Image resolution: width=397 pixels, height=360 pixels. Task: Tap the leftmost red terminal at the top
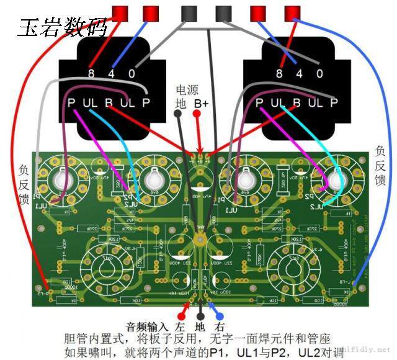click(x=120, y=12)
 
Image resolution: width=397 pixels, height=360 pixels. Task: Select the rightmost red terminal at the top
click(x=291, y=12)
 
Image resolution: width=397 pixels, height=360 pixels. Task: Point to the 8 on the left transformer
click(x=92, y=73)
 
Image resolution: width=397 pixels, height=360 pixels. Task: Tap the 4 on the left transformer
click(x=112, y=73)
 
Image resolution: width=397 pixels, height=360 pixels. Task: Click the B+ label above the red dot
click(x=201, y=103)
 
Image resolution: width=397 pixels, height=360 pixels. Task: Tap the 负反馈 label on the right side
click(x=380, y=164)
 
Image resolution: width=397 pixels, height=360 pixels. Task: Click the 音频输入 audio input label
click(x=146, y=326)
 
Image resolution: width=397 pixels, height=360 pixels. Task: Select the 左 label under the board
click(x=181, y=326)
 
